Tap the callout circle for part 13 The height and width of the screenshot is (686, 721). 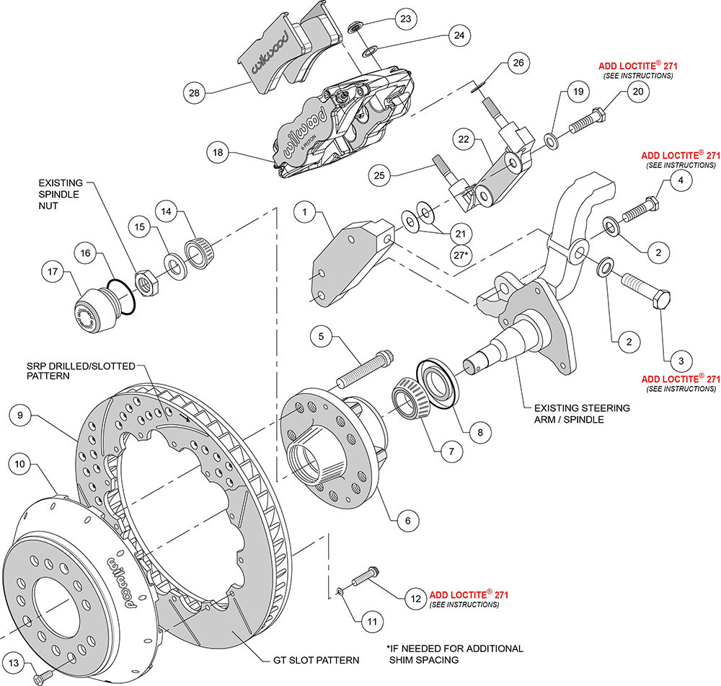click(14, 663)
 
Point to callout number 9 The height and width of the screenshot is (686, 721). click(22, 415)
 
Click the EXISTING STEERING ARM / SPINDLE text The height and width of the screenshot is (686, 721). click(582, 413)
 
